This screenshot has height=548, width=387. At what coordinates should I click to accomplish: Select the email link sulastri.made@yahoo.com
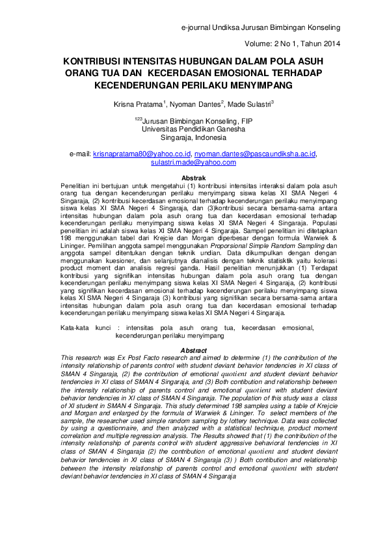193,162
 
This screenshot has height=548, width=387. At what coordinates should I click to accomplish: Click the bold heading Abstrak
193,178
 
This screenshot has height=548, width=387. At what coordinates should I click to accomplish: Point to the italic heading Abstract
193,351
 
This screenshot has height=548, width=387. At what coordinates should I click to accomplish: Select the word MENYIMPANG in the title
254,85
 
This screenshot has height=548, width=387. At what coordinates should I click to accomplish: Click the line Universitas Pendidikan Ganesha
193,129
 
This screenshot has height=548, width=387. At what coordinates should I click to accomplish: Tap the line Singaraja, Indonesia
193,137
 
